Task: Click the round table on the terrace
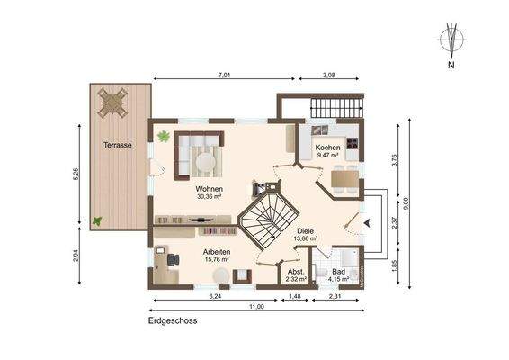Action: (x=113, y=101)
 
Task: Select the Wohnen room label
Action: (x=209, y=188)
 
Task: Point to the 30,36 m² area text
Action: (x=209, y=196)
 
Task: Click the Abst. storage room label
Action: (x=295, y=272)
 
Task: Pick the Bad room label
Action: (x=338, y=272)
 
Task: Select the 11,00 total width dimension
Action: (x=257, y=307)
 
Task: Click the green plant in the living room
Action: (x=164, y=137)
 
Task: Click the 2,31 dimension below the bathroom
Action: (x=335, y=296)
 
